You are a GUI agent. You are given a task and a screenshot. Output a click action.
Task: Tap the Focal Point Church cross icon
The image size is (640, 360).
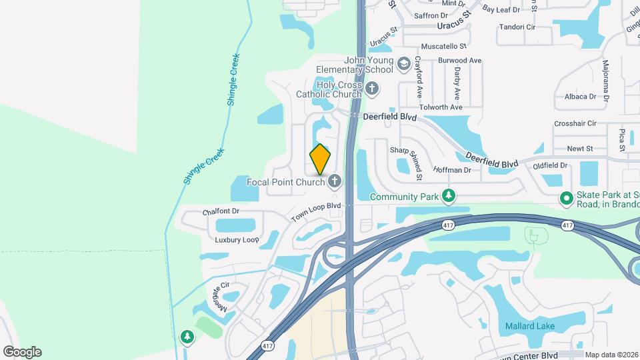point(334,181)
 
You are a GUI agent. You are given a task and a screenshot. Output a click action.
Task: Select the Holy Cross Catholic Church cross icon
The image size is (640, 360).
point(372,88)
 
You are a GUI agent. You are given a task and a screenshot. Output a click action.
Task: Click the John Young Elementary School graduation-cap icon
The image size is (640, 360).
point(403,64)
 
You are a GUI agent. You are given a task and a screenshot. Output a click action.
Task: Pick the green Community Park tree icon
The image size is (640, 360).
point(450,196)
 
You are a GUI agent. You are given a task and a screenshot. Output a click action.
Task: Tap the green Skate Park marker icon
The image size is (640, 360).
point(567,197)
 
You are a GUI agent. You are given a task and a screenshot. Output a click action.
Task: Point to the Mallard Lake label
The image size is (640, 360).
point(530,327)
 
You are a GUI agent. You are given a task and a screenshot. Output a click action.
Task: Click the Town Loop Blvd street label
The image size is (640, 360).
point(316,213)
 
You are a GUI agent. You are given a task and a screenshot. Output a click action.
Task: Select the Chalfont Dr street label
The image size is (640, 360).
point(220,213)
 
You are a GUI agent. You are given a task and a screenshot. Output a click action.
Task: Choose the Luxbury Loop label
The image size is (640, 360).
point(237,239)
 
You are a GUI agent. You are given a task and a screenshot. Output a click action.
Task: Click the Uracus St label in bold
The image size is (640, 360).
point(454,26)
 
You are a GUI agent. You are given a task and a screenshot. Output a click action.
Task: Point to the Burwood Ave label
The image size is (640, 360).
point(459,61)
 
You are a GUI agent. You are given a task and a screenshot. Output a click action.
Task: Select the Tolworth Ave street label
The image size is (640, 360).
point(441,107)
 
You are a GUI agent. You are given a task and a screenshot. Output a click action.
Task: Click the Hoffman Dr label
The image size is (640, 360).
point(452,170)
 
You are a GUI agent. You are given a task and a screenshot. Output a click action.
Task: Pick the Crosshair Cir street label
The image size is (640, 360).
point(575,123)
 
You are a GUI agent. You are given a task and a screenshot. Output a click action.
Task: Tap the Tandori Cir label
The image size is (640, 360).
point(517,27)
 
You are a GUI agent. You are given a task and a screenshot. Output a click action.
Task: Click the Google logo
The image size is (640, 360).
point(22,351)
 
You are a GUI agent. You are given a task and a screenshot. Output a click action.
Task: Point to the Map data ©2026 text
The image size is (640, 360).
point(611,355)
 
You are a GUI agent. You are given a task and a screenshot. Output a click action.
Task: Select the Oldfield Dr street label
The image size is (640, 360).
point(550,165)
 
